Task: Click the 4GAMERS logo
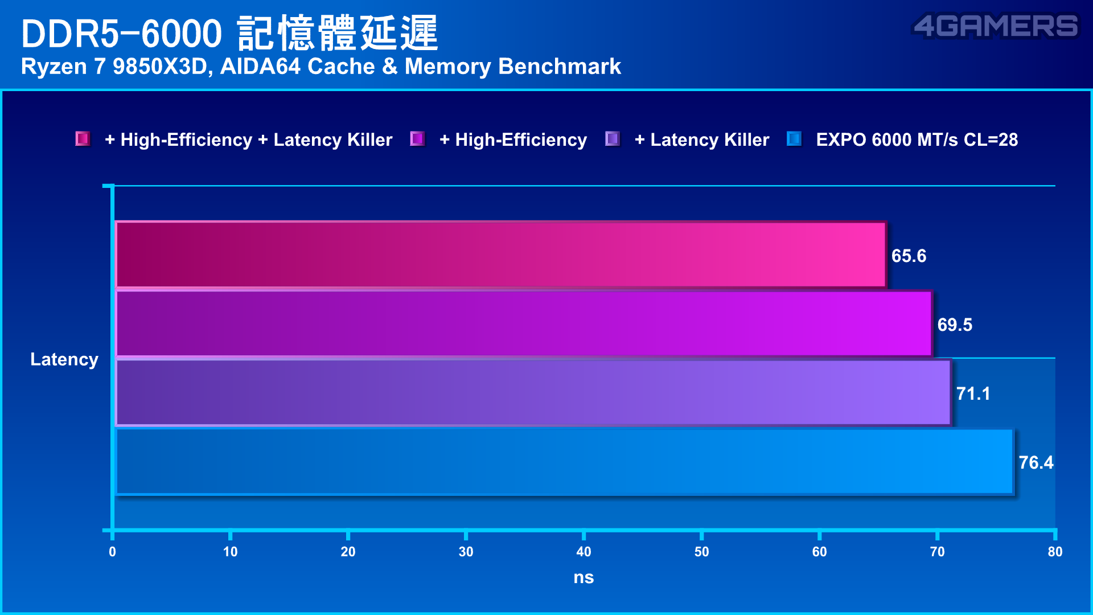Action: pyautogui.click(x=995, y=26)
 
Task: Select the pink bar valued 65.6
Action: pyautogui.click(x=500, y=255)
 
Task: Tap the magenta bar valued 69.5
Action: pyautogui.click(x=523, y=323)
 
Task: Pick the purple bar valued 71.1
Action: pyautogui.click(x=533, y=392)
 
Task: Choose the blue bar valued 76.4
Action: pyautogui.click(x=564, y=461)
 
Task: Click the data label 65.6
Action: pyautogui.click(x=909, y=256)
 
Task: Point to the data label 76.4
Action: pyautogui.click(x=1036, y=462)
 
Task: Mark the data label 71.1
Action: pyautogui.click(x=973, y=393)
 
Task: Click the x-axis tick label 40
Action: pyautogui.click(x=584, y=551)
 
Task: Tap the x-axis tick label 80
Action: pyautogui.click(x=1055, y=551)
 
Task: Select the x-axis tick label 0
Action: pyautogui.click(x=112, y=551)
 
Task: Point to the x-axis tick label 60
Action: pyautogui.click(x=819, y=551)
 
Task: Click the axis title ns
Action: pyautogui.click(x=584, y=577)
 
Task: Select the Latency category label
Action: pyautogui.click(x=64, y=359)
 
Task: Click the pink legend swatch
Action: pyautogui.click(x=83, y=139)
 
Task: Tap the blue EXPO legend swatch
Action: pyautogui.click(x=794, y=139)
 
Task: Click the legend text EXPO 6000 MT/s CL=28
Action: pyautogui.click(x=917, y=140)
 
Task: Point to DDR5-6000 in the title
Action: pyautogui.click(x=121, y=33)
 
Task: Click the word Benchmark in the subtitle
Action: pyautogui.click(x=559, y=67)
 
